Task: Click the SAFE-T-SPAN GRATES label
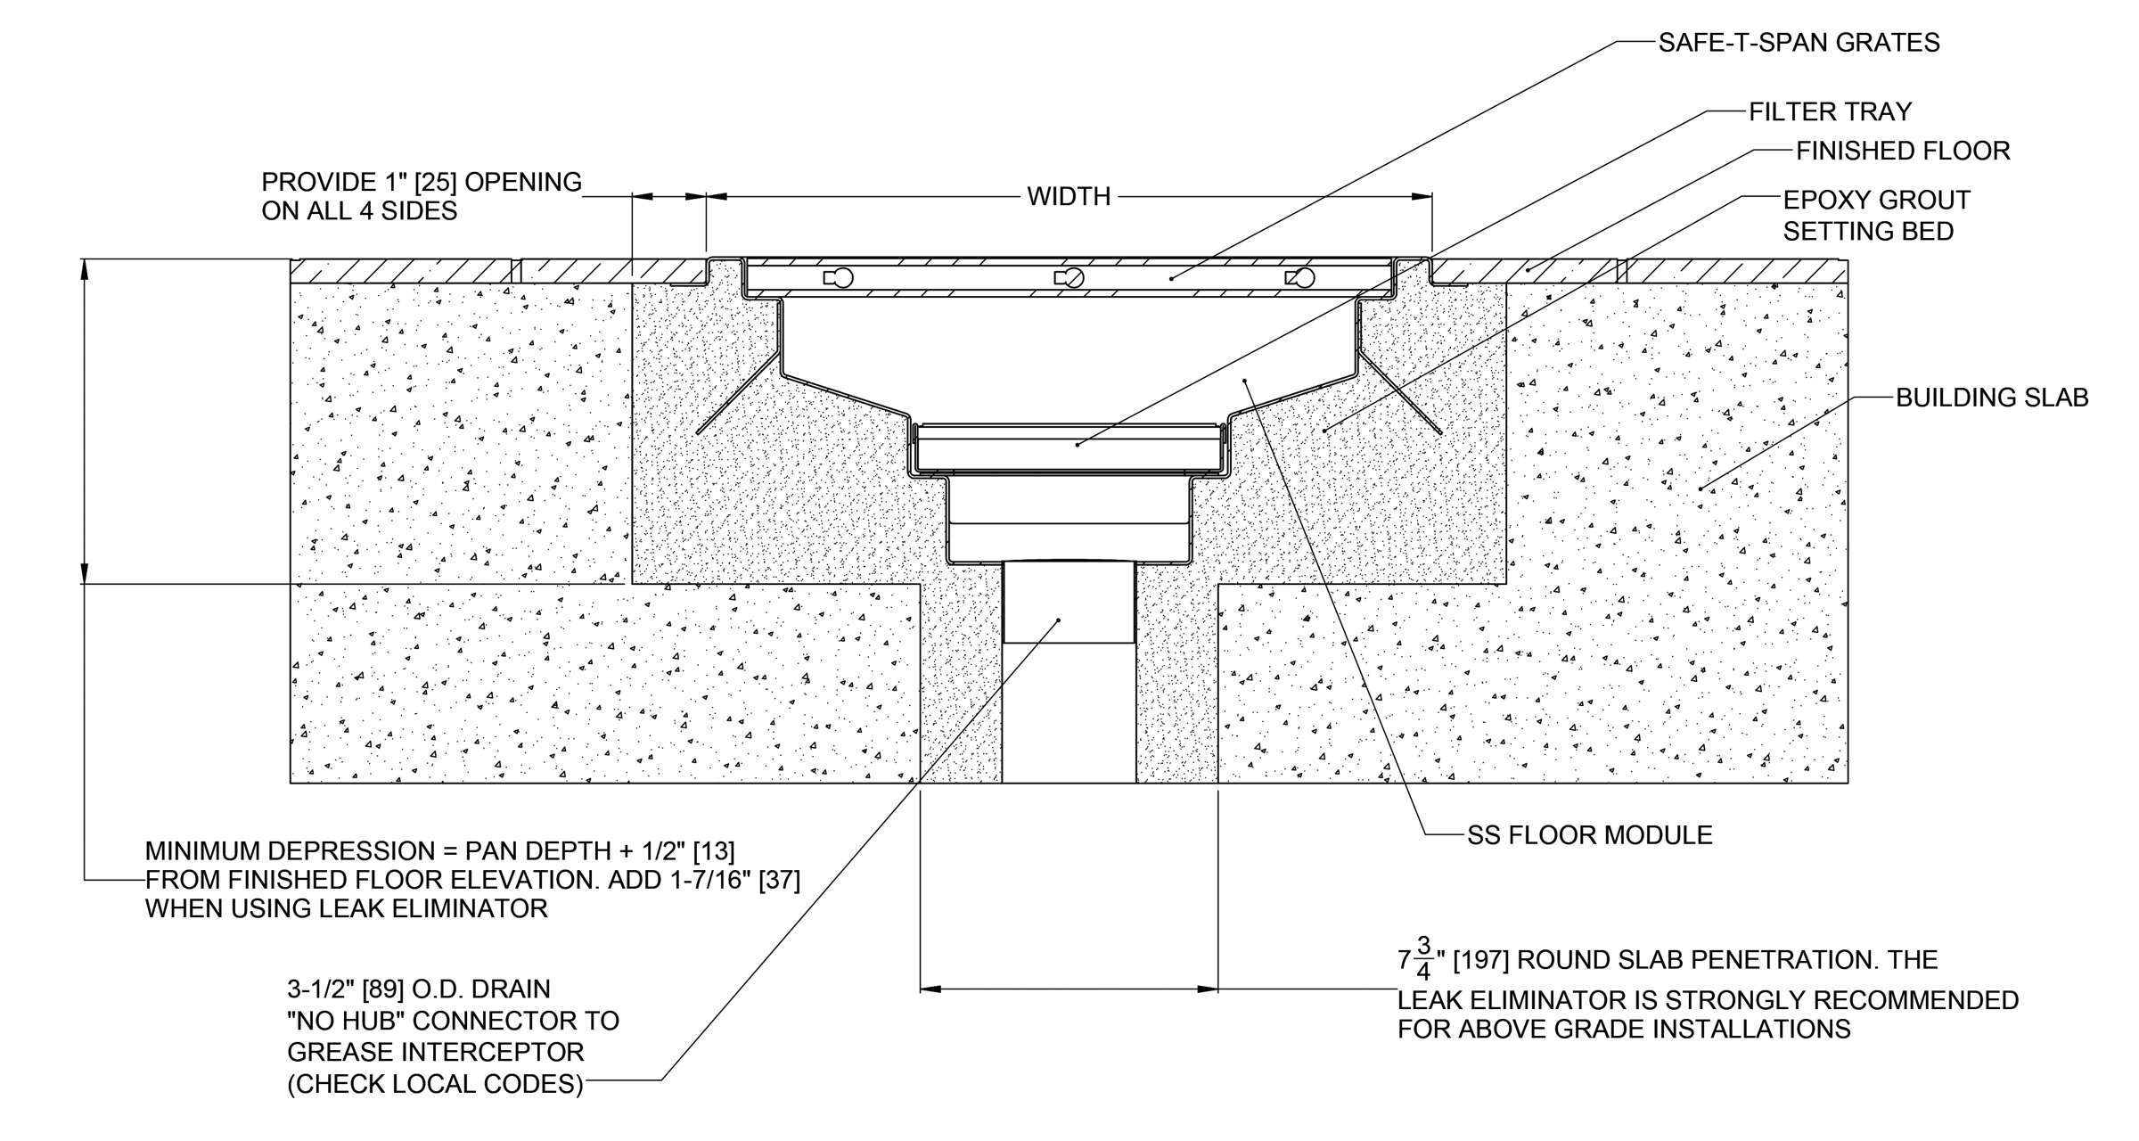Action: (1799, 43)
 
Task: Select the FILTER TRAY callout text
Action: (1830, 111)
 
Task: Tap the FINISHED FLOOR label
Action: (1903, 152)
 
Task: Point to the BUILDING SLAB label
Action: (1992, 398)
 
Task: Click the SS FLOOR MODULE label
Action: (1590, 835)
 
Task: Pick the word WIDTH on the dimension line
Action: (1069, 196)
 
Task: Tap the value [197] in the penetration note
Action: (1480, 960)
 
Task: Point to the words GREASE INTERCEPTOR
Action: (435, 1053)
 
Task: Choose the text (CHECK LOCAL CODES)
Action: (435, 1084)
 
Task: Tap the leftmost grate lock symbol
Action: (840, 278)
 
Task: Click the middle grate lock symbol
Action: (1072, 278)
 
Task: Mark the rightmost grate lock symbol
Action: (1301, 278)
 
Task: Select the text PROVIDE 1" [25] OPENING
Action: (421, 182)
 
